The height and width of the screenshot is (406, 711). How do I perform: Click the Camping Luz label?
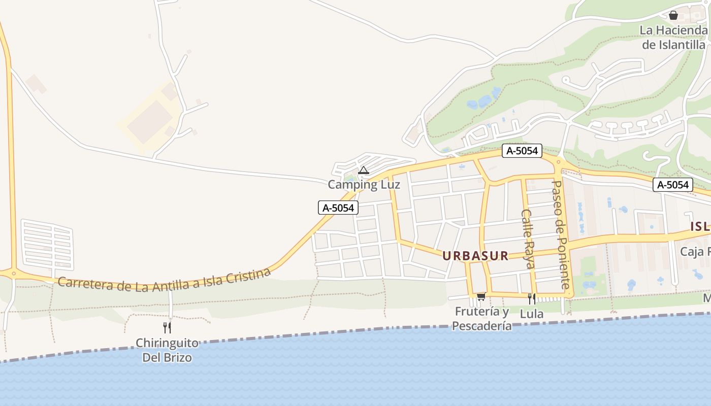pyautogui.click(x=364, y=185)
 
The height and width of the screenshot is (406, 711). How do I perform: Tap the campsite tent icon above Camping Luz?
pyautogui.click(x=363, y=170)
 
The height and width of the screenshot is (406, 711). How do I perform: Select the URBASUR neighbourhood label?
pyautogui.click(x=475, y=256)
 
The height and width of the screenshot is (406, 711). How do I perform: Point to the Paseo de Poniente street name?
pyautogui.click(x=561, y=234)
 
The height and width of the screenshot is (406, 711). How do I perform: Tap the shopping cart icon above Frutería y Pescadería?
pyautogui.click(x=481, y=296)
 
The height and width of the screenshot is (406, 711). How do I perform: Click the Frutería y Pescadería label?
pyautogui.click(x=482, y=319)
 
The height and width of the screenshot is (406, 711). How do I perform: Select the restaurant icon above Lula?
pyautogui.click(x=531, y=298)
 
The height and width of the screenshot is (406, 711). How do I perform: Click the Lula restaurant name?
pyautogui.click(x=532, y=314)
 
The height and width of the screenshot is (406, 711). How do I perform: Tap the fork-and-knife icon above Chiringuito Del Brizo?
pyautogui.click(x=167, y=327)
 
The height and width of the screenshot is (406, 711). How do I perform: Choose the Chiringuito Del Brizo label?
pyautogui.click(x=167, y=350)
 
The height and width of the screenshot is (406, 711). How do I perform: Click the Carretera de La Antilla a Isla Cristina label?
pyautogui.click(x=164, y=280)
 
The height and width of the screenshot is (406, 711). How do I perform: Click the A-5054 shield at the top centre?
pyautogui.click(x=522, y=151)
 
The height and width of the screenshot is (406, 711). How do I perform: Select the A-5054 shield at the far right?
pyautogui.click(x=673, y=185)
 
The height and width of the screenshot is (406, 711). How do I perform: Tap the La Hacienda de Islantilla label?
pyautogui.click(x=673, y=37)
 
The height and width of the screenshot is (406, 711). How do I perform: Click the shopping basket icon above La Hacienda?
pyautogui.click(x=673, y=16)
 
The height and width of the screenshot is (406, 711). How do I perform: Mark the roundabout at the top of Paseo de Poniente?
pyautogui.click(x=559, y=163)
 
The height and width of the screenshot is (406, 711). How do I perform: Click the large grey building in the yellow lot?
pyautogui.click(x=150, y=122)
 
